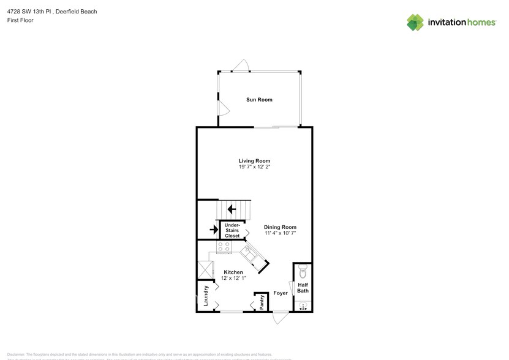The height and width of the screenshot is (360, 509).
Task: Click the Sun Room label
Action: pyautogui.click(x=259, y=100)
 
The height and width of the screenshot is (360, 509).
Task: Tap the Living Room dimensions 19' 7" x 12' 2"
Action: pyautogui.click(x=254, y=167)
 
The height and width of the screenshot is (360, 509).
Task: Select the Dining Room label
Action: pyautogui.click(x=281, y=227)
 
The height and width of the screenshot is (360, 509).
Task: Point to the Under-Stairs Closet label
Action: pyautogui.click(x=232, y=231)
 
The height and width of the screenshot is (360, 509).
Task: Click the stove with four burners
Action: pyautogui.click(x=224, y=246)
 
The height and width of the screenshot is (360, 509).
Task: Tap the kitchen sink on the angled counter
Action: pyautogui.click(x=250, y=252)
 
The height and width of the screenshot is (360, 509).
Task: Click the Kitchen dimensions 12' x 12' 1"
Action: pyautogui.click(x=233, y=279)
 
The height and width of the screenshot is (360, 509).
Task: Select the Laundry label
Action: pyautogui.click(x=206, y=296)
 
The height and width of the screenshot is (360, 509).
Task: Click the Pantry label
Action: pyautogui.click(x=262, y=302)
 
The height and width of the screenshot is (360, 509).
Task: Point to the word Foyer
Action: pyautogui.click(x=281, y=293)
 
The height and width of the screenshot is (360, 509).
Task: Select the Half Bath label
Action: pyautogui.click(x=303, y=288)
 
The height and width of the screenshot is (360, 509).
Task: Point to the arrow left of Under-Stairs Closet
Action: pyautogui.click(x=213, y=230)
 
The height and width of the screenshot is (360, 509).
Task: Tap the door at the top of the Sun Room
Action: pyautogui.click(x=242, y=66)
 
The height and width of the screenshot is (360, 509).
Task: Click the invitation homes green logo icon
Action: pyautogui.click(x=416, y=23)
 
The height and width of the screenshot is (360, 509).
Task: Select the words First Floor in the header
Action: pyautogui.click(x=21, y=20)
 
